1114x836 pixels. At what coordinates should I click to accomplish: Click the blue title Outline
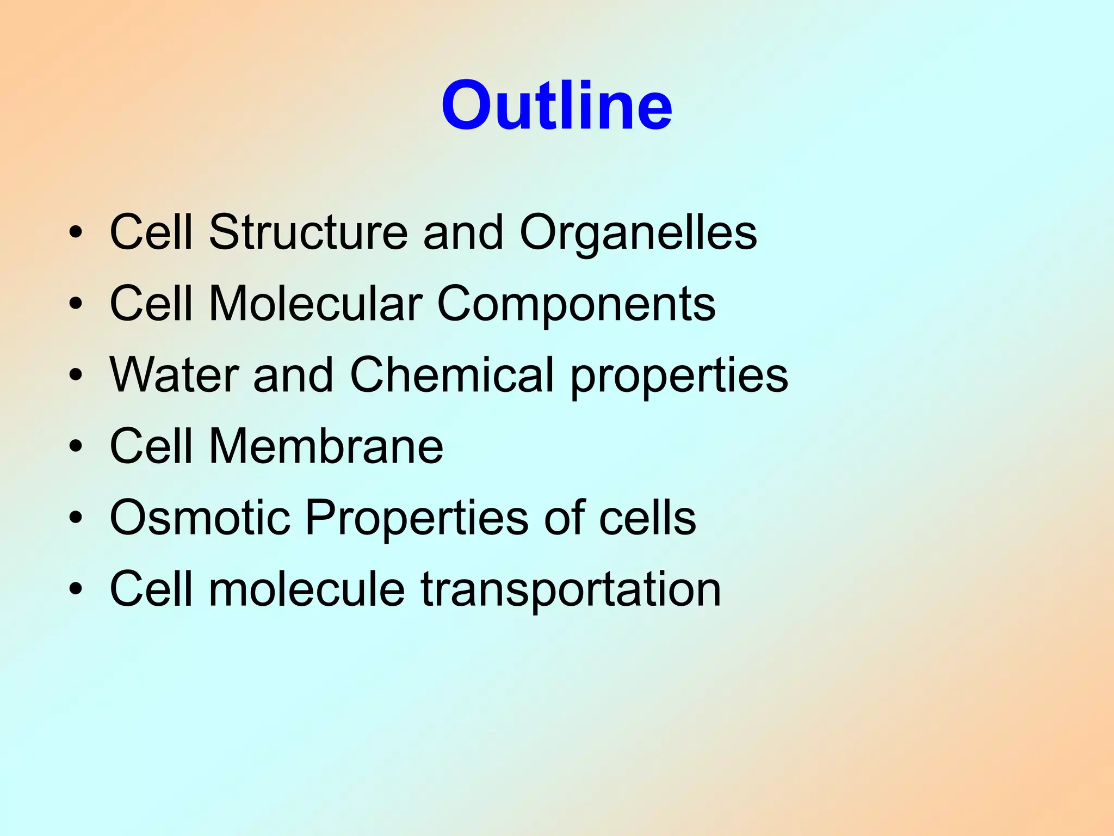[x=556, y=106]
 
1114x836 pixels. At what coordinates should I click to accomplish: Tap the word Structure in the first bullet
[x=308, y=232]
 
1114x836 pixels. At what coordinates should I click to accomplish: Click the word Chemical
[x=452, y=375]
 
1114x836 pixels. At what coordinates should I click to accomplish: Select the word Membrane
[x=326, y=446]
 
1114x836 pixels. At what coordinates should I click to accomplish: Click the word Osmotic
[x=200, y=518]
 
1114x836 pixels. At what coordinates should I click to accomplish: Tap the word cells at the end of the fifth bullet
[x=647, y=518]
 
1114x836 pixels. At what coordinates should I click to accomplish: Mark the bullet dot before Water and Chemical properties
[x=76, y=376]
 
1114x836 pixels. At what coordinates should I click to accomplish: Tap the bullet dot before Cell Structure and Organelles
[x=76, y=233]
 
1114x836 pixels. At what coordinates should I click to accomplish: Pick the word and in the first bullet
[x=463, y=233]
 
